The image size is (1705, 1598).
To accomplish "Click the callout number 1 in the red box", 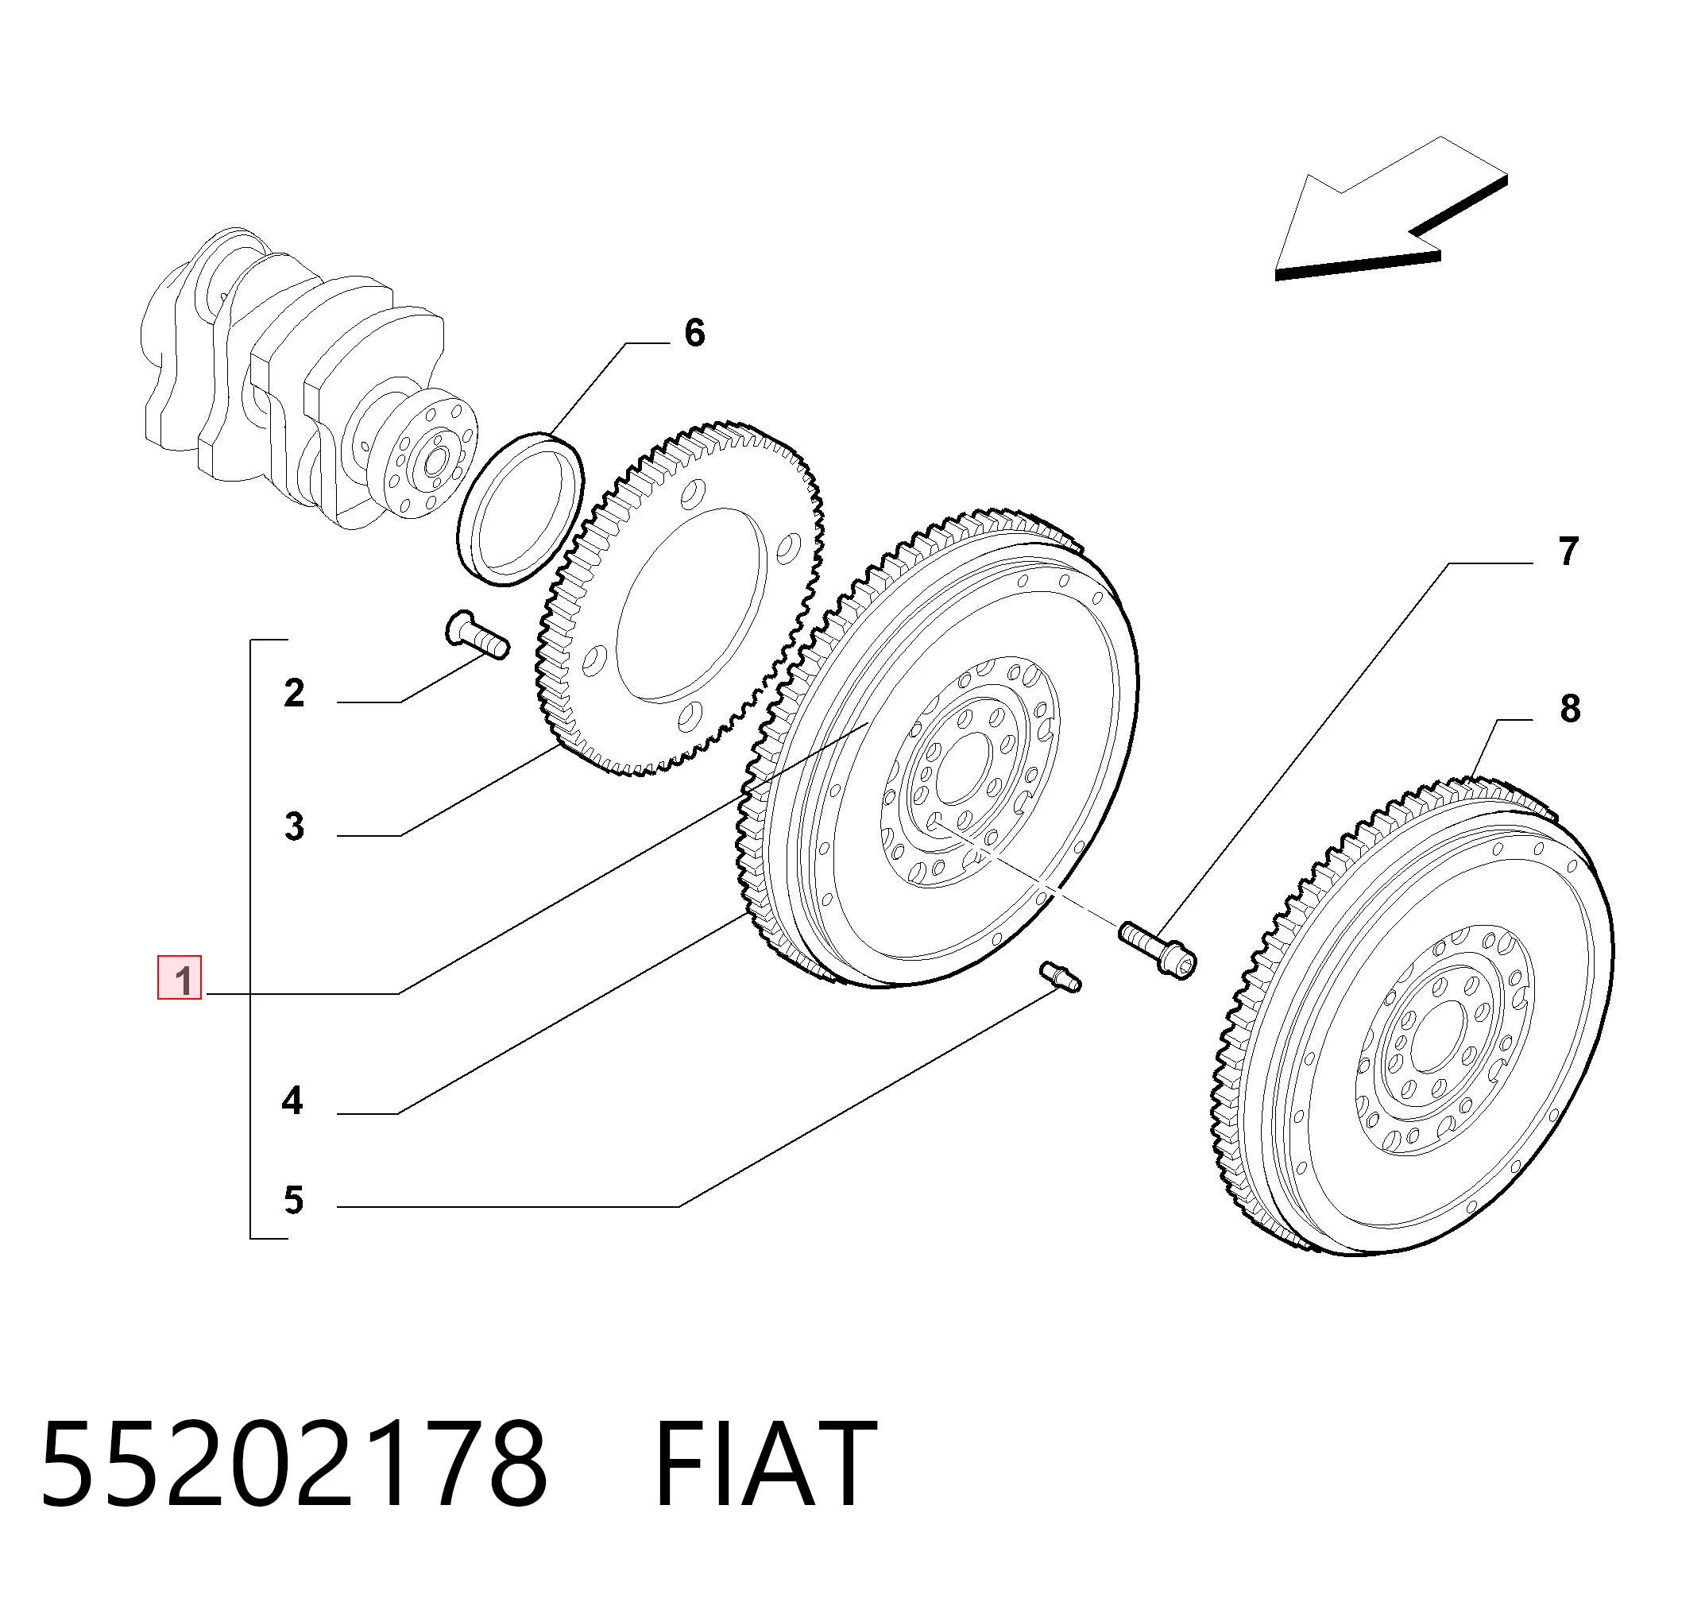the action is pyautogui.click(x=180, y=978).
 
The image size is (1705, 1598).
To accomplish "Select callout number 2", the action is pyautogui.click(x=294, y=693).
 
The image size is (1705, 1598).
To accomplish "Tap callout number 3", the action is pyautogui.click(x=294, y=827).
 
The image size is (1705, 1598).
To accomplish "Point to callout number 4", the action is pyautogui.click(x=292, y=1101).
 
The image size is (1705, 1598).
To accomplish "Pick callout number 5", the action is pyautogui.click(x=294, y=1200).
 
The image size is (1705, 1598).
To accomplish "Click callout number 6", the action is pyautogui.click(x=694, y=333).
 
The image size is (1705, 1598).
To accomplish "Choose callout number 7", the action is pyautogui.click(x=1568, y=552).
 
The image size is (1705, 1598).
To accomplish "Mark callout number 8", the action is pyautogui.click(x=1571, y=709).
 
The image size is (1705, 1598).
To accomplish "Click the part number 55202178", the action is pyautogui.click(x=294, y=1464).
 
